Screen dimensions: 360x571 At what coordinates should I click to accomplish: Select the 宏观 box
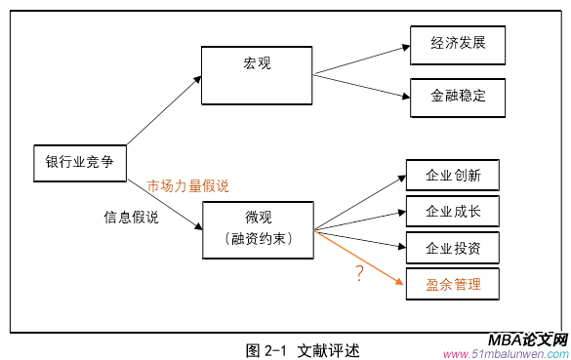[x=257, y=64]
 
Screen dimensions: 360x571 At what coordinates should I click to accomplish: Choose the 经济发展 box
[x=458, y=45]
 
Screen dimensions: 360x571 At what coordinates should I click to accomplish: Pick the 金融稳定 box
[x=458, y=98]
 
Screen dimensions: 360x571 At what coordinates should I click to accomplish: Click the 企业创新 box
[x=454, y=177]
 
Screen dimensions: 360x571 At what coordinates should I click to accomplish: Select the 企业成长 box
[x=454, y=211]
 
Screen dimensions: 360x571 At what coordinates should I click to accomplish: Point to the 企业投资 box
[x=454, y=247]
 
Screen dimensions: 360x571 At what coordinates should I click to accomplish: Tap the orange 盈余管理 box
[x=454, y=284]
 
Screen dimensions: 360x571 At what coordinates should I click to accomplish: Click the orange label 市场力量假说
[x=187, y=185]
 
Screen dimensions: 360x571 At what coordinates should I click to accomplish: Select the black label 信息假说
[x=131, y=217]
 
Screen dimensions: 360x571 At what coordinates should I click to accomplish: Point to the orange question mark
[x=359, y=274]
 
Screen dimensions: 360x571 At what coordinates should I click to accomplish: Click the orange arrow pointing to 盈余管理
[x=361, y=260]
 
